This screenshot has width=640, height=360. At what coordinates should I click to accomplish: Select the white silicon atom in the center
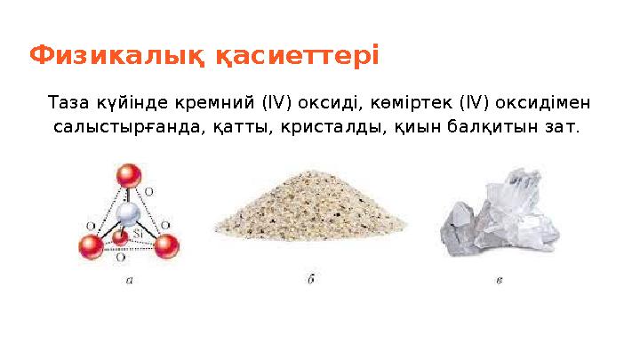tap(131, 213)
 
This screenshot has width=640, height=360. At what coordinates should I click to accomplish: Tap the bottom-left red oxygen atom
tap(89, 247)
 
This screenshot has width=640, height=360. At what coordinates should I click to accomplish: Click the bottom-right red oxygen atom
tap(166, 246)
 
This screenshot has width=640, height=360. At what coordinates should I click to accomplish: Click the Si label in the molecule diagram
tap(139, 232)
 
